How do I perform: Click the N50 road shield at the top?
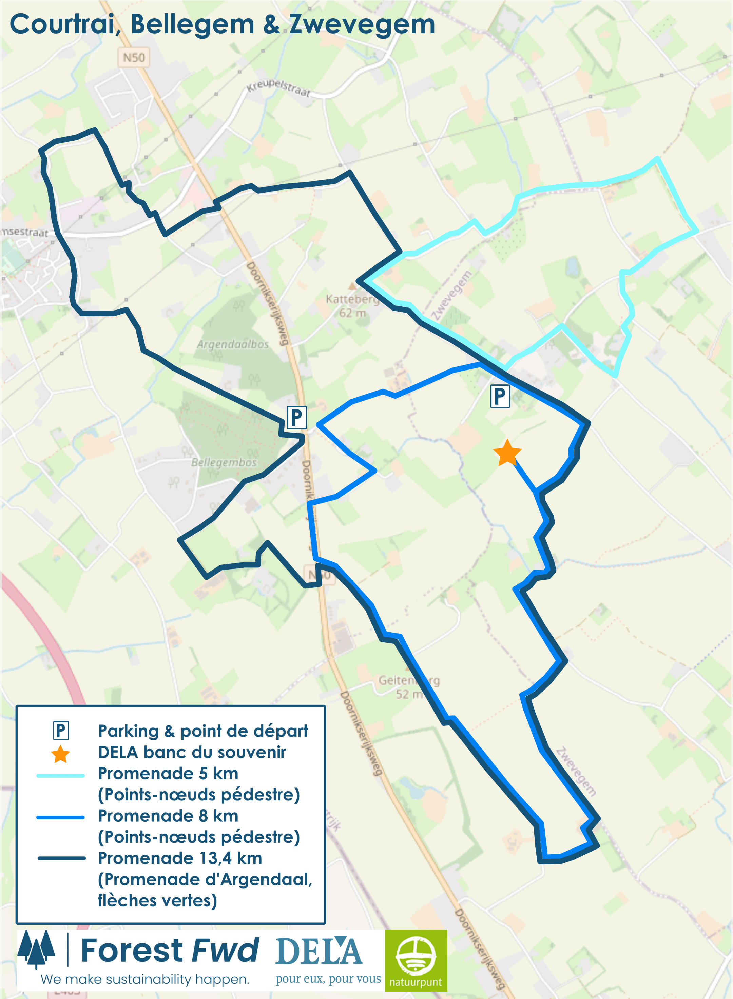tap(134, 58)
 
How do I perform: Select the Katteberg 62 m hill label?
tap(352, 305)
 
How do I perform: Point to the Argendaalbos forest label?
tap(233, 344)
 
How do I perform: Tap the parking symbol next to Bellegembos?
tap(296, 417)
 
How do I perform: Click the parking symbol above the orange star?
tap(500, 396)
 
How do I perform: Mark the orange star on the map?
tap(507, 453)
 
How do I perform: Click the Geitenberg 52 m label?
tap(409, 687)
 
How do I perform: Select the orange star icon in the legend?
tap(60, 754)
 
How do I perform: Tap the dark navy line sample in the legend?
tap(61, 858)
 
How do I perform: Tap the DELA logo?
tap(319, 952)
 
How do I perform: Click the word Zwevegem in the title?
tap(362, 24)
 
